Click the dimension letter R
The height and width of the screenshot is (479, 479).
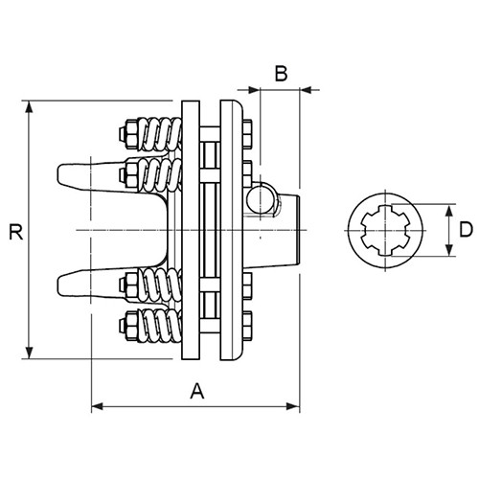[15, 232]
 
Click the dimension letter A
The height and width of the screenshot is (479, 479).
[197, 391]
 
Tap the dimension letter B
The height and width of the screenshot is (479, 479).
[281, 74]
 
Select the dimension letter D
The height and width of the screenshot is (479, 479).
[466, 230]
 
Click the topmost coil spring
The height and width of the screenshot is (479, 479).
[161, 134]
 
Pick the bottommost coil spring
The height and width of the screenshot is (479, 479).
[161, 326]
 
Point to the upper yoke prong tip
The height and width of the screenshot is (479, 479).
[58, 175]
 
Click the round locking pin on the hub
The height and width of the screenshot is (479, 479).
[261, 198]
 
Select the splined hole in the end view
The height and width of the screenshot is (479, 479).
[385, 230]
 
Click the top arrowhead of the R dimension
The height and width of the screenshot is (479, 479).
[29, 106]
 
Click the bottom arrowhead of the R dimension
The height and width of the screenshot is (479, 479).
[29, 354]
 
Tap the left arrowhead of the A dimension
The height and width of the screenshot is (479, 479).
[98, 406]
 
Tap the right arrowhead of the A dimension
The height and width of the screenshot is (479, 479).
[293, 406]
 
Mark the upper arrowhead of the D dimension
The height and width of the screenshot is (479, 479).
[449, 210]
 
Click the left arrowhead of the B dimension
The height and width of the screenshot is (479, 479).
[254, 90]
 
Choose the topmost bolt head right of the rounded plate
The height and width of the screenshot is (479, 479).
[247, 134]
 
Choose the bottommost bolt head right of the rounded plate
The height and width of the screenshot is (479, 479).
[247, 326]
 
